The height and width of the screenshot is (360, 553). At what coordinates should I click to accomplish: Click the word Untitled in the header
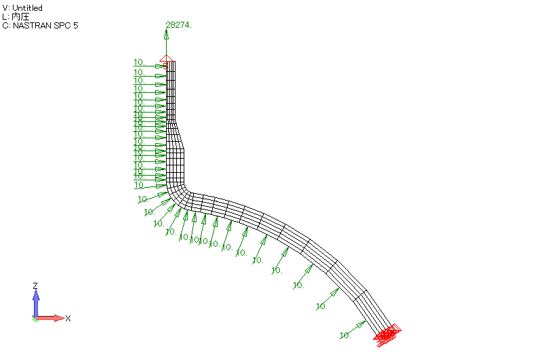tap(28, 8)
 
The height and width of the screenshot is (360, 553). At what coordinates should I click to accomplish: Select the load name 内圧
tap(21, 17)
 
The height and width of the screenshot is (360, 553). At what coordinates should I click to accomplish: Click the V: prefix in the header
tap(6, 8)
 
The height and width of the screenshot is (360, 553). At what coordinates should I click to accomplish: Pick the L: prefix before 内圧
tap(5, 17)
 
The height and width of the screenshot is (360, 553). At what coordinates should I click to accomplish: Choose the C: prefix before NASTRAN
tap(6, 26)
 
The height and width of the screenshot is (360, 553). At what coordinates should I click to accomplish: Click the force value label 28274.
tap(179, 24)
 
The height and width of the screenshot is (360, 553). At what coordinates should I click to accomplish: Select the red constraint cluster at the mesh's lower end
tap(388, 334)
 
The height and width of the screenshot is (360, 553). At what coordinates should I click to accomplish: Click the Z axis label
tap(35, 286)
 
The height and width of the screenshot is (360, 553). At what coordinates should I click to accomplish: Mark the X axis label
tap(68, 318)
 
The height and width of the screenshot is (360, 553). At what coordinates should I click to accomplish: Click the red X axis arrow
tap(54, 317)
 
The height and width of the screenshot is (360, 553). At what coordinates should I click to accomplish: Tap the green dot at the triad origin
tap(35, 319)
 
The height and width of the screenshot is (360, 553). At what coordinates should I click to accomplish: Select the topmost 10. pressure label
tap(139, 62)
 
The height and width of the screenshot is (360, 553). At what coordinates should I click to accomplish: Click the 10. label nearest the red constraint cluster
tap(344, 335)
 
